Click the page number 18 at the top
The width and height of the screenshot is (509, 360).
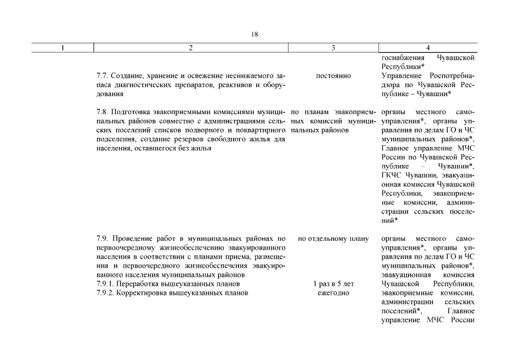coord(254,34)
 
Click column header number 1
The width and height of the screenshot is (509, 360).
coord(63,48)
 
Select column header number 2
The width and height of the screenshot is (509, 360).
coord(191,48)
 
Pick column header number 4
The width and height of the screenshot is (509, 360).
coord(428,48)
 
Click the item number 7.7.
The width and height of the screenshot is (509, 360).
coord(102,75)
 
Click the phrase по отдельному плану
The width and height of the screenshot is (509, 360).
coord(333,238)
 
